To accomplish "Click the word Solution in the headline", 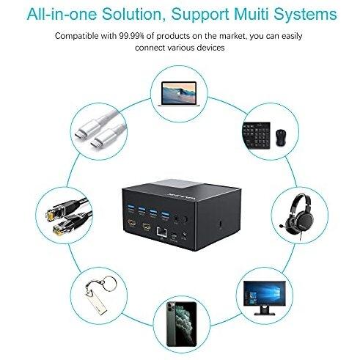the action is point(132,14).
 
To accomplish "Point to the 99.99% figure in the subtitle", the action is point(132,36).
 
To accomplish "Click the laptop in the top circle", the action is point(179,94).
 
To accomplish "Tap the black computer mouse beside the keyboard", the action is point(281,138).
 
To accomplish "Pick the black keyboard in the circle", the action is point(257,136).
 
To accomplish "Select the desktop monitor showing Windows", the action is point(265,298).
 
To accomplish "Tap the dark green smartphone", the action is point(182,324).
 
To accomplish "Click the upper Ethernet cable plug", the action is point(53,214).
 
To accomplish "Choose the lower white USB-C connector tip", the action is point(96,143).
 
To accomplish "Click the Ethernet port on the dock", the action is point(162,232).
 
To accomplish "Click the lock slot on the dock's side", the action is point(221,224).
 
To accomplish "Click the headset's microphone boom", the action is point(285,226).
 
